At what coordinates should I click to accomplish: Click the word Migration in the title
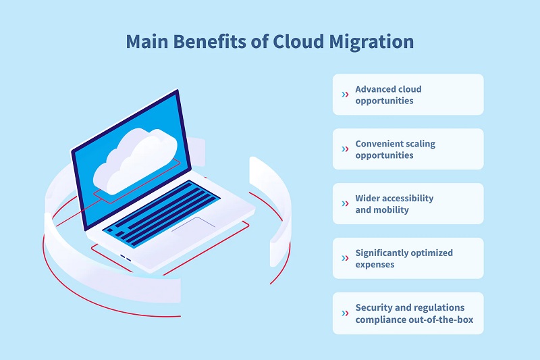(x=371, y=43)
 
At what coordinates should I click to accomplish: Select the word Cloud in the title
(x=298, y=41)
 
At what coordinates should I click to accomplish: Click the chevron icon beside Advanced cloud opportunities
(x=345, y=95)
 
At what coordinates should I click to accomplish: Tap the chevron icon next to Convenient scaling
(x=345, y=149)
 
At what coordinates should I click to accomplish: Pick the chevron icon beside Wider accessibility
(x=345, y=203)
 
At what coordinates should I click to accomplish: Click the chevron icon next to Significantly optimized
(x=345, y=258)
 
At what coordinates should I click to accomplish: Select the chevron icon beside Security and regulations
(x=345, y=313)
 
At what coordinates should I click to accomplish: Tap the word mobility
(x=391, y=210)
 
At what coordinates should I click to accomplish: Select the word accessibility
(x=408, y=199)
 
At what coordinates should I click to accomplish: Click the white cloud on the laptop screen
(x=136, y=161)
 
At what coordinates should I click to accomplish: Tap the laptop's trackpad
(x=194, y=224)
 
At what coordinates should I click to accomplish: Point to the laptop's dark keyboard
(x=161, y=213)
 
